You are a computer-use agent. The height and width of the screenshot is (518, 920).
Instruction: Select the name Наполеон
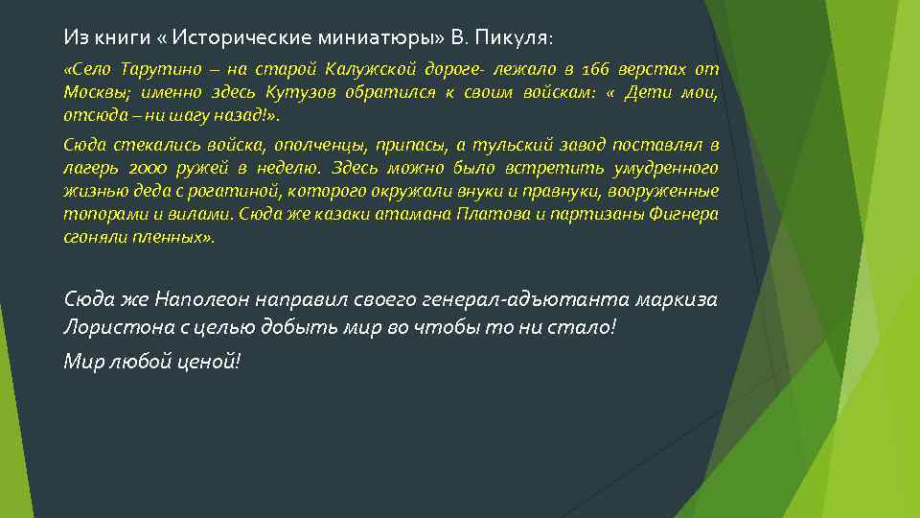[206, 299]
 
